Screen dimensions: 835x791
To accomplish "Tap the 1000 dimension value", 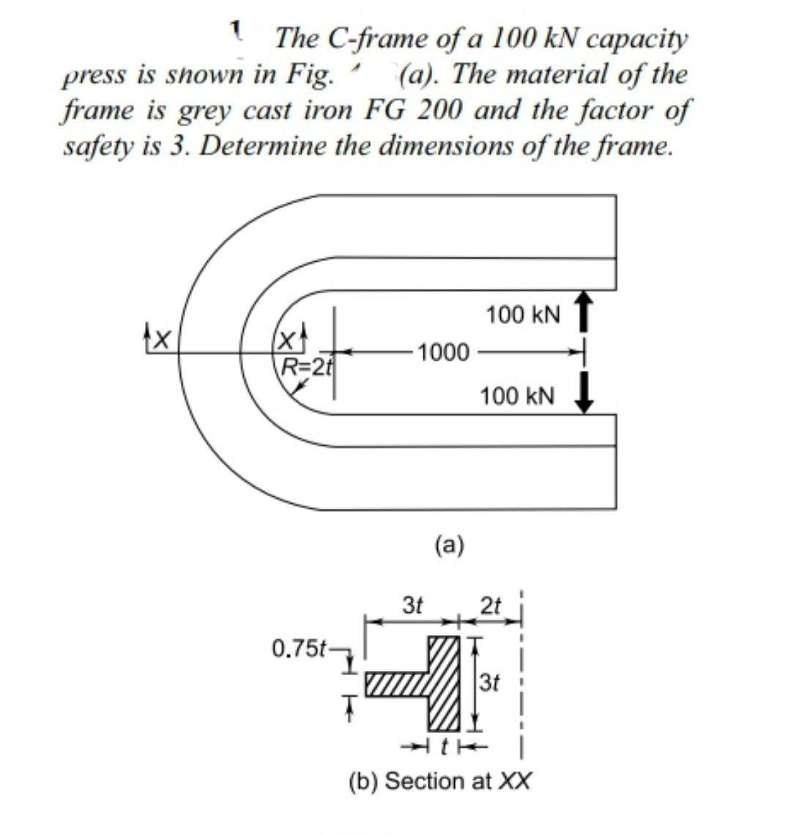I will click(444, 352).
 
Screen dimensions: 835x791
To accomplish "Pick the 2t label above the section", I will click(491, 607).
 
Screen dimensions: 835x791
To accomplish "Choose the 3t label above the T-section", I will click(413, 607).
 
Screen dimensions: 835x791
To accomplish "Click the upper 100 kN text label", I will click(523, 316).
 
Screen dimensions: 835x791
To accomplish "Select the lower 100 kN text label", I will click(517, 397).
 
